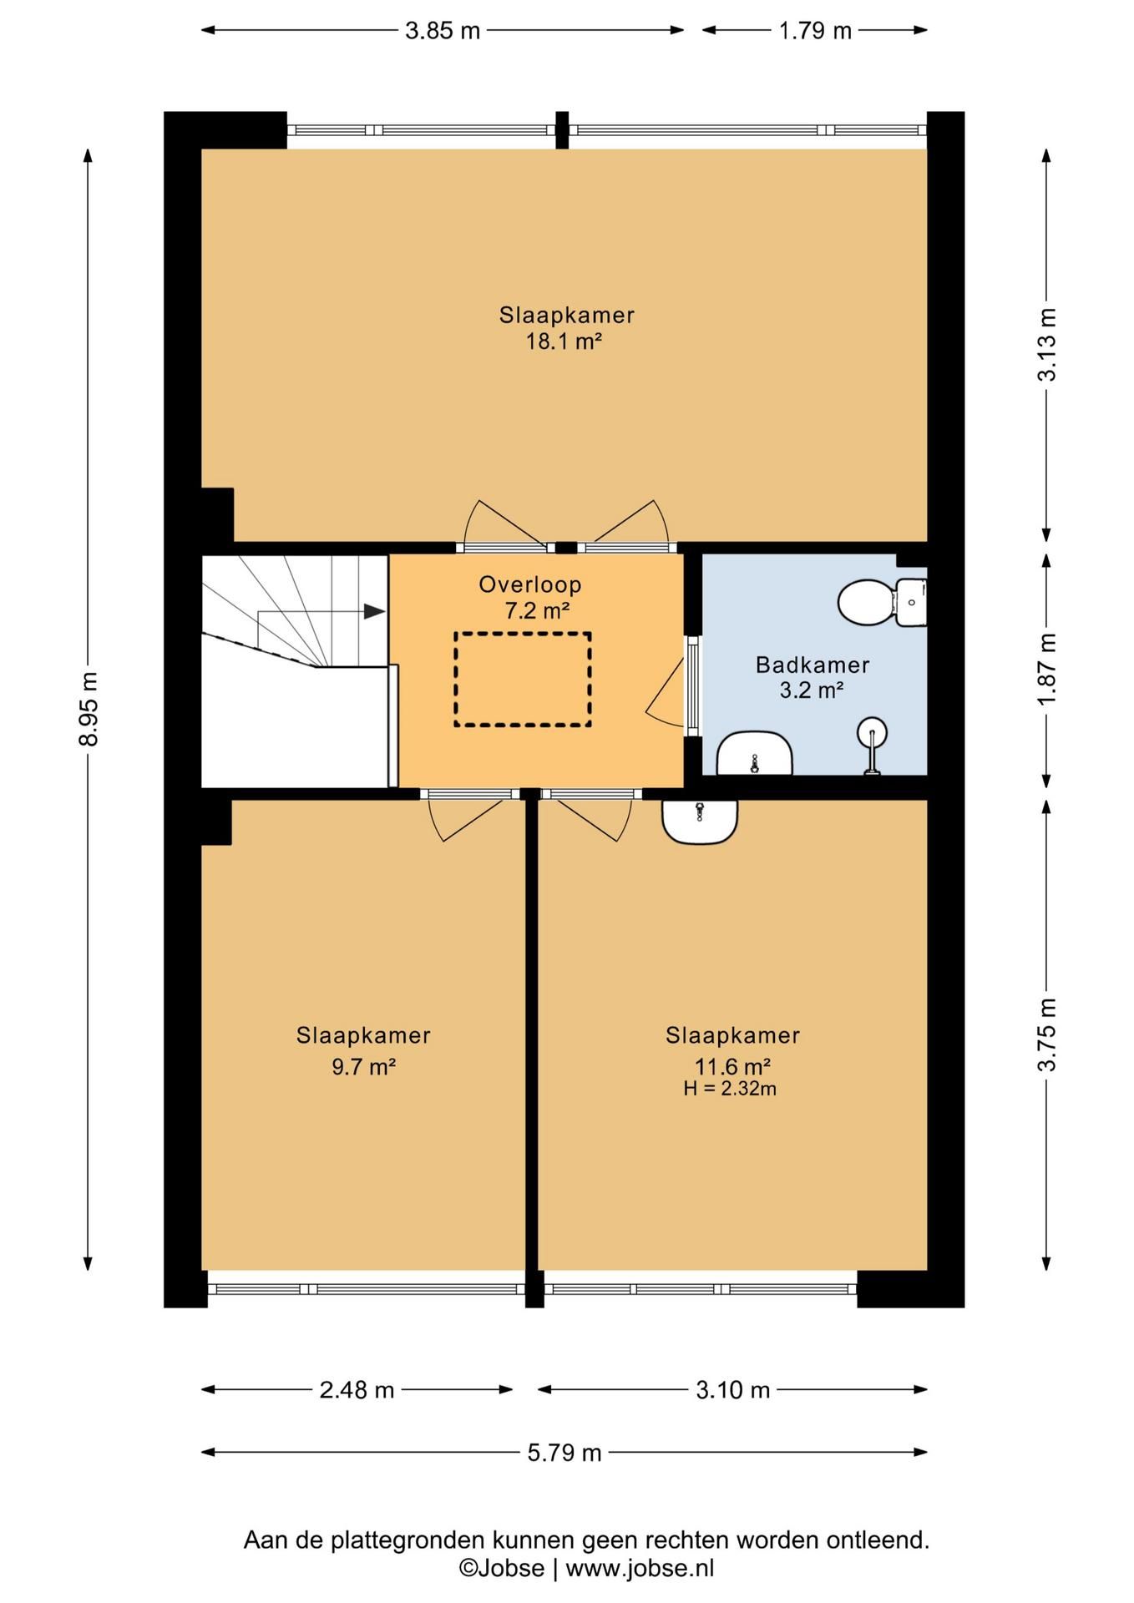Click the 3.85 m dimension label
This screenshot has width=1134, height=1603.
pos(443,31)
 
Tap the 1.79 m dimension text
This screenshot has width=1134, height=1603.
pos(815,31)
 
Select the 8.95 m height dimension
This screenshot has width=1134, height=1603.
pos(89,709)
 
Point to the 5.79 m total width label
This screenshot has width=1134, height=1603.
pos(564,1453)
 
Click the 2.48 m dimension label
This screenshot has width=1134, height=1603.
pos(357,1390)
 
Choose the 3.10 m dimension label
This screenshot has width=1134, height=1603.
pos(732,1390)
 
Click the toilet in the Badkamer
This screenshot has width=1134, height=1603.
pos(882,602)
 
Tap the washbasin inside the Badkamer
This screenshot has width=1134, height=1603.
pos(755,754)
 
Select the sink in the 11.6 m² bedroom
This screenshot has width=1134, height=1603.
pos(700,822)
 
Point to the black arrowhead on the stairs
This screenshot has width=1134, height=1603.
pos(374,611)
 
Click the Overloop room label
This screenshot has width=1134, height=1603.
pos(530,584)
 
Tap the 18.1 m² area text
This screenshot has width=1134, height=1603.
pos(564,341)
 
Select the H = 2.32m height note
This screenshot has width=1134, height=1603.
pos(730,1089)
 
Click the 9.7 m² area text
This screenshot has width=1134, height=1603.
pos(363,1067)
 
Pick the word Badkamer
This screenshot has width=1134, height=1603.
pos(813,665)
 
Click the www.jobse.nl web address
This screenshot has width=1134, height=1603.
pos(640,1568)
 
